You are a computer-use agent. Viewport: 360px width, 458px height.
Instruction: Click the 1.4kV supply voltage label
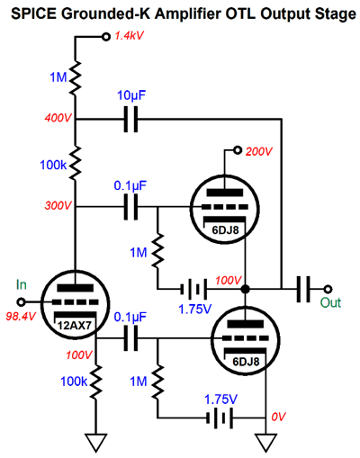click(130, 36)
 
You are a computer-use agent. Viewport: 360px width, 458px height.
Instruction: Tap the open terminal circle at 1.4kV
click(105, 37)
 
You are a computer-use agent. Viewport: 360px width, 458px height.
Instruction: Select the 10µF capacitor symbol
click(131, 120)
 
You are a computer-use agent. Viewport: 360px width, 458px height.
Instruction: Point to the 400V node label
click(58, 118)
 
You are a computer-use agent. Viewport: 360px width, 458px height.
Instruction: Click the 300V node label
click(58, 205)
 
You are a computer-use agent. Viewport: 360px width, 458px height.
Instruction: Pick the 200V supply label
click(259, 151)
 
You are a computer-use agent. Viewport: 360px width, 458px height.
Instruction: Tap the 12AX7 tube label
click(74, 326)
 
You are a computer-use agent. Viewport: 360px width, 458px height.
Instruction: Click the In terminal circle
click(21, 302)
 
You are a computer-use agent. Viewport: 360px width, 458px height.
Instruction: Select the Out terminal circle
click(328, 289)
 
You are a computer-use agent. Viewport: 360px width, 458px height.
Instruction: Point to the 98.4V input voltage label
click(21, 316)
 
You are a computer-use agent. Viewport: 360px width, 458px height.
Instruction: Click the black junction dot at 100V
click(246, 289)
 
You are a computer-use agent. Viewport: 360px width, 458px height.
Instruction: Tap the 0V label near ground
click(278, 417)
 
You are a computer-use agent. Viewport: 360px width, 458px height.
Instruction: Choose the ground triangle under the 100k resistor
click(96, 443)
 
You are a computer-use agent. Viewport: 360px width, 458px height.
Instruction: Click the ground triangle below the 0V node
click(265, 443)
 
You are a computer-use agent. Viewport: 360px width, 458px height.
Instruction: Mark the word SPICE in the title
click(33, 13)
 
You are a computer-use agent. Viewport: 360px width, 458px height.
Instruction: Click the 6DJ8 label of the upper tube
click(226, 230)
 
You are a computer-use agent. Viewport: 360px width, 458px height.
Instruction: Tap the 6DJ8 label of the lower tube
click(246, 362)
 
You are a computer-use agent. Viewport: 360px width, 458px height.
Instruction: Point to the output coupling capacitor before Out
click(303, 289)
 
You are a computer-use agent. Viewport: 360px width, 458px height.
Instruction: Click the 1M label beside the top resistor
click(58, 77)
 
